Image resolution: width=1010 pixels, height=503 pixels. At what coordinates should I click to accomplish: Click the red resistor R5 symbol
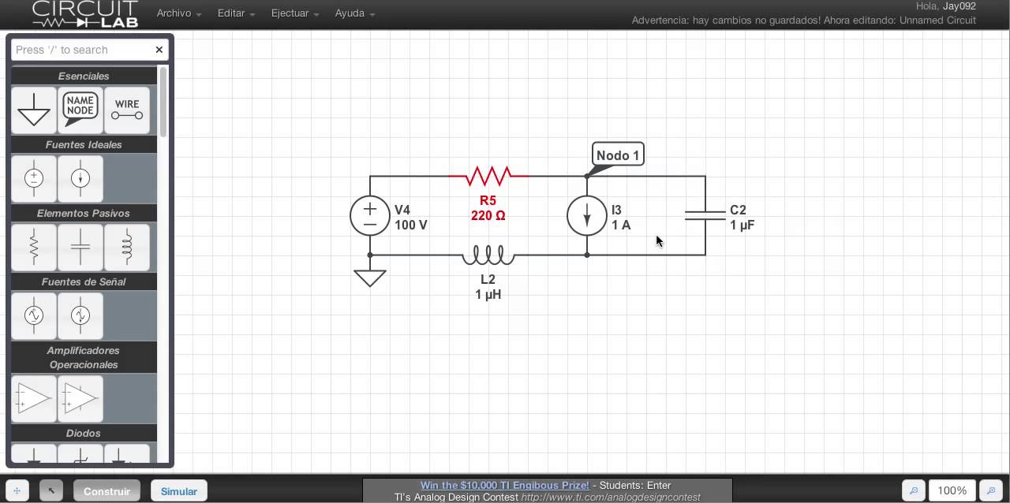click(x=488, y=176)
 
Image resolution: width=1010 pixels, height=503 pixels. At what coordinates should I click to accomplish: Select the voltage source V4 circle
click(x=370, y=215)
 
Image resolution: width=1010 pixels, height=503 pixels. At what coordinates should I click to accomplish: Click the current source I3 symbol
click(x=587, y=215)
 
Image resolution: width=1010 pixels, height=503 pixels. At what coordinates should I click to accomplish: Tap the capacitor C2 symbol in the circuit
click(x=705, y=215)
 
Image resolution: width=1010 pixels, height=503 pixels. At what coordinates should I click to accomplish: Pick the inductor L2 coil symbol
click(x=488, y=255)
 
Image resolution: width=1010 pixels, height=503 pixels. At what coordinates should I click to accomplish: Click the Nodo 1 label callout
click(x=618, y=155)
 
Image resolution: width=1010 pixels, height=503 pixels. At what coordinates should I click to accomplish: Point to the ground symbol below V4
click(x=370, y=278)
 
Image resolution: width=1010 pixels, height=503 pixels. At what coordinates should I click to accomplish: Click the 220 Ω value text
click(x=488, y=215)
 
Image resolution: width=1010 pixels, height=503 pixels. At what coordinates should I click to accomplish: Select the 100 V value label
click(x=411, y=225)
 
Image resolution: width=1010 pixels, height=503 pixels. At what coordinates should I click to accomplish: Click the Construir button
click(x=107, y=491)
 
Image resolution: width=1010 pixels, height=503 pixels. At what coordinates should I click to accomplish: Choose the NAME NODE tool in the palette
click(x=80, y=110)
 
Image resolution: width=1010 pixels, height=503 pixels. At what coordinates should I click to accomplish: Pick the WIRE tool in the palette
click(x=127, y=110)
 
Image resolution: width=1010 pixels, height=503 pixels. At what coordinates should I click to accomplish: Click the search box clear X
click(x=159, y=50)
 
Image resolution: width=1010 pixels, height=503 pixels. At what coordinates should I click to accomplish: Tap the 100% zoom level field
click(x=952, y=490)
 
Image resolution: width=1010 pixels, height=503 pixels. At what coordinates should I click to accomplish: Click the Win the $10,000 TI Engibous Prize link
click(x=504, y=486)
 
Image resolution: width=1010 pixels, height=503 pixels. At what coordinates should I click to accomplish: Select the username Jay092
click(x=959, y=6)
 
